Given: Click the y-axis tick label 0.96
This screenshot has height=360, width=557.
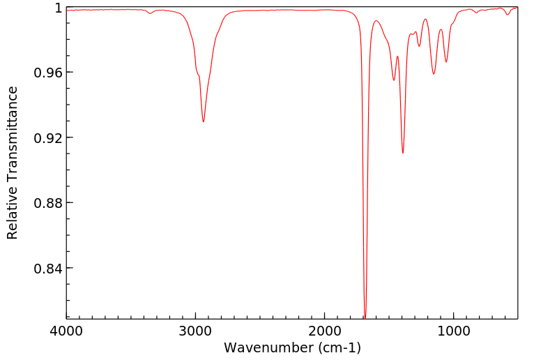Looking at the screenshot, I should [49, 73].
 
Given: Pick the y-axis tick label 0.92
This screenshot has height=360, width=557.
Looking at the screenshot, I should [49, 137].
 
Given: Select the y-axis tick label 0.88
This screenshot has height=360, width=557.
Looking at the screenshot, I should [49, 203].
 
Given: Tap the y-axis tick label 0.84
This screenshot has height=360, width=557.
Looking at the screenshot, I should [49, 268].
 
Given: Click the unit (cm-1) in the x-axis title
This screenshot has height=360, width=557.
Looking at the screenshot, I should [339, 347].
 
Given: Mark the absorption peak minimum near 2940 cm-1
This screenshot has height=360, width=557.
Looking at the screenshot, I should [204, 121].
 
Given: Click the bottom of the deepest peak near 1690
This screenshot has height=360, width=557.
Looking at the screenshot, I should [365, 317].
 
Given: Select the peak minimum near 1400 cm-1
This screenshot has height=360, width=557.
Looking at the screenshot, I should [403, 153].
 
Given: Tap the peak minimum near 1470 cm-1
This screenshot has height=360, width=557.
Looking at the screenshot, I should [394, 80].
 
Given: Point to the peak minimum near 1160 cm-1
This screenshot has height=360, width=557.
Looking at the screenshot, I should [434, 74].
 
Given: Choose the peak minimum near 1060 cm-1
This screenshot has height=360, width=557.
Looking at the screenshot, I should [446, 62].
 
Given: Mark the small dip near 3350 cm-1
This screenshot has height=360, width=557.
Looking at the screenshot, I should [150, 13].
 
